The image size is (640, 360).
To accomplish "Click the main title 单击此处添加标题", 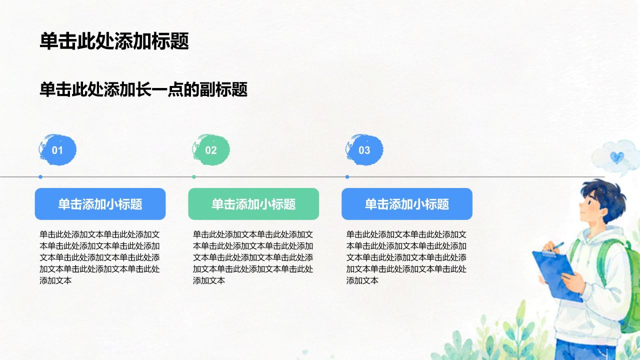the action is [x=114, y=41].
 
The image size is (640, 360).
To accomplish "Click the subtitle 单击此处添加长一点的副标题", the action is [x=143, y=89].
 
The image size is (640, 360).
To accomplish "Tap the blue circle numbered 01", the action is [x=57, y=149].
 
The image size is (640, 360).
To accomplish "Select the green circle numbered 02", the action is [x=211, y=149].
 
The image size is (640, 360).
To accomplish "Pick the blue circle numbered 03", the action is [x=364, y=149].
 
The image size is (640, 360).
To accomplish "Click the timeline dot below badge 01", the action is [x=40, y=177].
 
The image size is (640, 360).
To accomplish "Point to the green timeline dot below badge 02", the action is [x=194, y=177].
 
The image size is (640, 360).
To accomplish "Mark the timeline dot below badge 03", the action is [x=347, y=177].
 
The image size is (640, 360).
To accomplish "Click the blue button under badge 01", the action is [x=100, y=204].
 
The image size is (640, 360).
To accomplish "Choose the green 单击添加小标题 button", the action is [x=253, y=204].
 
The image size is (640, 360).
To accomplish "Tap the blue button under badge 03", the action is [x=407, y=204].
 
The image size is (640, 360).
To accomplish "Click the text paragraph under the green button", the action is [x=253, y=257].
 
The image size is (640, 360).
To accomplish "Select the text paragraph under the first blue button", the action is [x=99, y=257].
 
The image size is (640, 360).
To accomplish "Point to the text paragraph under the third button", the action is [x=406, y=257].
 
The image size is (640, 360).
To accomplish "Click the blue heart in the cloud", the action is [x=617, y=157].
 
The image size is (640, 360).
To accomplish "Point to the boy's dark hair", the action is [x=605, y=197].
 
